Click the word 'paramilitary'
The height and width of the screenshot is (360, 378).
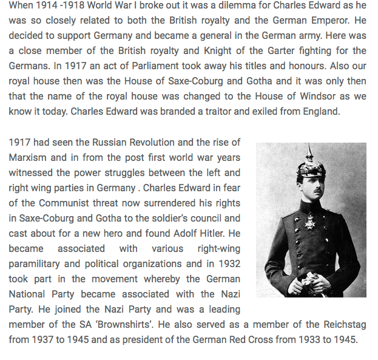[x=36, y=264]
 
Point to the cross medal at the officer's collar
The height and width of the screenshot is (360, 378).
[x=309, y=217]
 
